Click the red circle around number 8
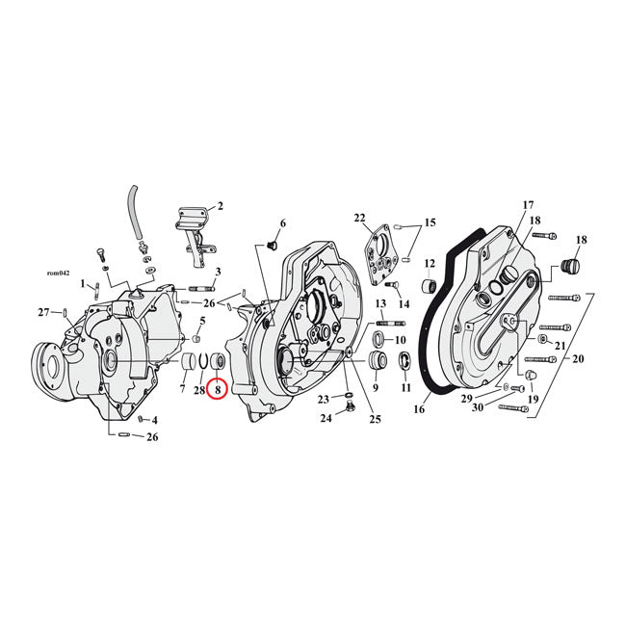pos(218,390)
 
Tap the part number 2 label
pos(221,206)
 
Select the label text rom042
pos(59,273)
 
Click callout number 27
pos(42,312)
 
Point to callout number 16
pos(419,409)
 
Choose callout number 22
pos(359,218)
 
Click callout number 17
pos(528,205)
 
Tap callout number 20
pos(578,358)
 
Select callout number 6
pos(283,223)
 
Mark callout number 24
pos(326,419)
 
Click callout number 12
pos(430,263)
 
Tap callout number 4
pos(155,421)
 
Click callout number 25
pos(375,419)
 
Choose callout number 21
pos(561,346)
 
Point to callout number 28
pos(199,390)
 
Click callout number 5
pos(203,321)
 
